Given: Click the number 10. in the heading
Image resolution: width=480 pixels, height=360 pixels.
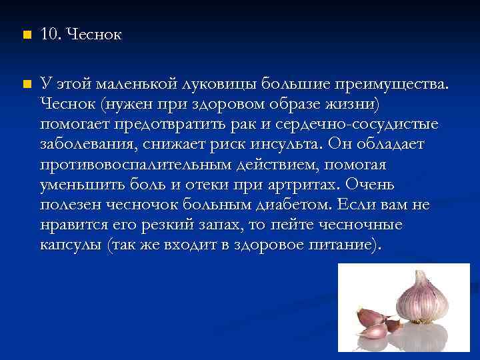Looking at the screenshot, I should tap(51, 35).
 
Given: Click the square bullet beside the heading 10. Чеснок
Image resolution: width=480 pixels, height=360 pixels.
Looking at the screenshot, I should tap(26, 35).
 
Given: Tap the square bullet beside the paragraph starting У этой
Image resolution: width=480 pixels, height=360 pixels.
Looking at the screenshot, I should tap(26, 83).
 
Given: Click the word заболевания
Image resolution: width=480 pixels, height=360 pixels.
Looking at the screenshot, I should tap(83, 144).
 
